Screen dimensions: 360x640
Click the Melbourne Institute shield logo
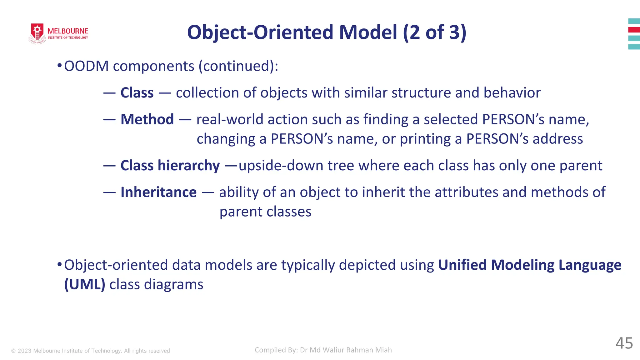37,33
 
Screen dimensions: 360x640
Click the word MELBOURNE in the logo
68,31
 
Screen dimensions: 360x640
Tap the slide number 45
624,343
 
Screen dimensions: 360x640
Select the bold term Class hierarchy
170,166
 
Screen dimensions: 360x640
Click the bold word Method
147,119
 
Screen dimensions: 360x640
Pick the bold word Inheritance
158,192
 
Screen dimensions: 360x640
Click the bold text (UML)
84,284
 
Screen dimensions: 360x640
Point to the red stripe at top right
634,30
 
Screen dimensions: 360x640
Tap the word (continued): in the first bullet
238,66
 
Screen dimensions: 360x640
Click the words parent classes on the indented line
265,212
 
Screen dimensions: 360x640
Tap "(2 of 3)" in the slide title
434,32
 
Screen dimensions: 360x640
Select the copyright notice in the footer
91,351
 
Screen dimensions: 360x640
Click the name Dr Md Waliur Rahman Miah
346,350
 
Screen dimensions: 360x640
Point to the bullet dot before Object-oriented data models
59,264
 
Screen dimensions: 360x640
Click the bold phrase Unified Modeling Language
529,265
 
